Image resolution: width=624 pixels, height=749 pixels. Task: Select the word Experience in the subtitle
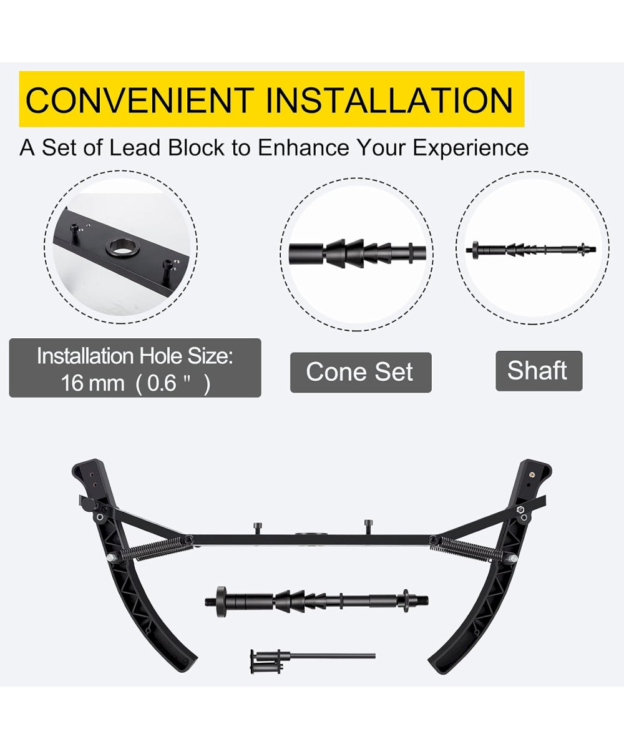point(470,148)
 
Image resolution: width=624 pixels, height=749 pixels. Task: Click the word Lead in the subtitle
point(135,147)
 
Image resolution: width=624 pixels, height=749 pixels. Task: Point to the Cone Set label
point(360,373)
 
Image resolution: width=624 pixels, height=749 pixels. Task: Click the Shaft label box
point(539,371)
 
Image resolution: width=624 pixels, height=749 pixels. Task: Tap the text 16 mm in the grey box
point(92,383)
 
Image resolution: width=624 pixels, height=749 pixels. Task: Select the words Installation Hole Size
point(135,356)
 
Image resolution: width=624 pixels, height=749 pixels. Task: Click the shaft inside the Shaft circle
point(531,248)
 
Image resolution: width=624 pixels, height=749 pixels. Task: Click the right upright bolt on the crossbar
point(369,526)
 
